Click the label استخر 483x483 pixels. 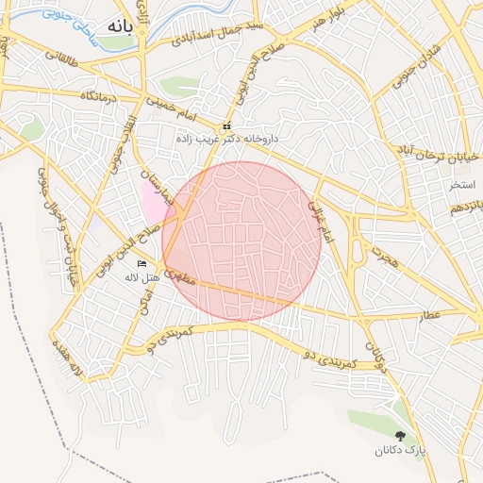462,182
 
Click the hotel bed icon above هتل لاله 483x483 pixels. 142,263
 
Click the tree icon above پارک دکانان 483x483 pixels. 401,436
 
